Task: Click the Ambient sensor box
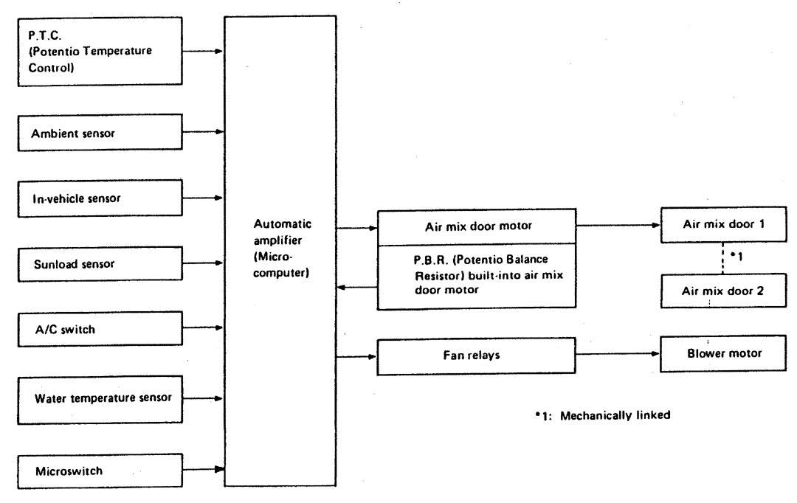[x=99, y=133]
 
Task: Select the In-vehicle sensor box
[x=99, y=198]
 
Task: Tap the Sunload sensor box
[x=99, y=262]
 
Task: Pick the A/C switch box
[x=99, y=329]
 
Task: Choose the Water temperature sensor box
[x=99, y=397]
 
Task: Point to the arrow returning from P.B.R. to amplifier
[x=356, y=289]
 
